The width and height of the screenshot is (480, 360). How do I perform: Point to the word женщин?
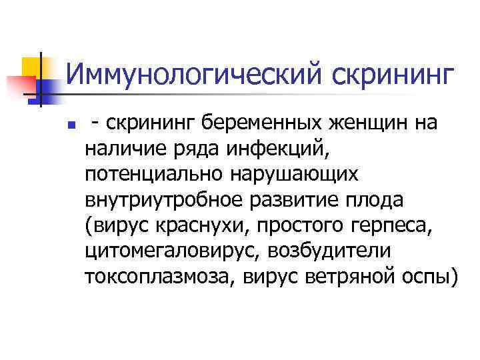(354, 123)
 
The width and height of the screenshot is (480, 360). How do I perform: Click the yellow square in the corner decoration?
(32, 67)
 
